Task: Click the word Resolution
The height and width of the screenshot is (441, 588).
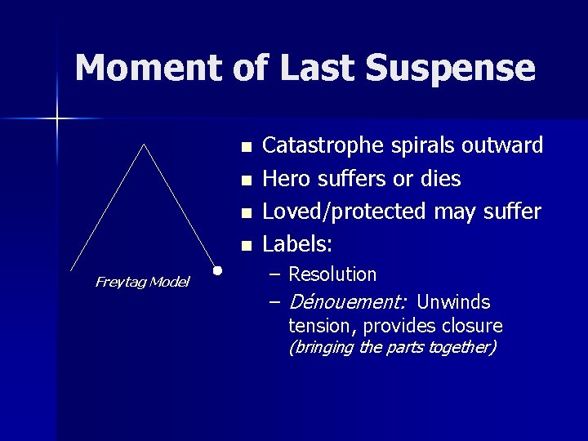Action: pos(332,274)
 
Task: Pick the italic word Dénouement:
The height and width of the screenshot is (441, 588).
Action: pos(348,302)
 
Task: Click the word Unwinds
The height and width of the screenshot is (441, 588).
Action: pos(453,302)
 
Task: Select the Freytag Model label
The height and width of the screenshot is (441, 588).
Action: pos(142,282)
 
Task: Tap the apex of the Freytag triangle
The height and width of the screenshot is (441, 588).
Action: pos(145,145)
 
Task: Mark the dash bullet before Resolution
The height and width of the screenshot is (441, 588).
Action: pos(275,274)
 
